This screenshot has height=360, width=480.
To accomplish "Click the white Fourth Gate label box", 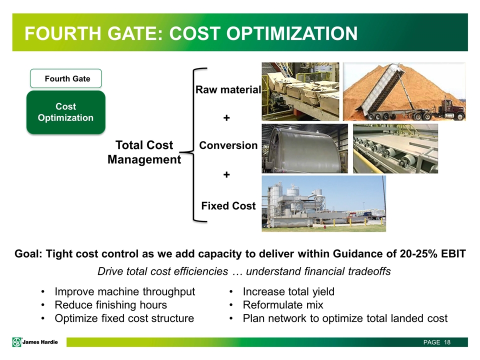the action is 66,78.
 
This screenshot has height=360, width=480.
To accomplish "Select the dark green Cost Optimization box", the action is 66,112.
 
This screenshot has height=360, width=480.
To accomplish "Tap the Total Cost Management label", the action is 144,152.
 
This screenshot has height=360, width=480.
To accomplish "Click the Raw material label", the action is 228,89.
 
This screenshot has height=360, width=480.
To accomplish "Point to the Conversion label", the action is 228,145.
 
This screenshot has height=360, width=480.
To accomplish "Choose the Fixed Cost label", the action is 228,205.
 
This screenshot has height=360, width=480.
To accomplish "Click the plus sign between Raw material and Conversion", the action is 226,118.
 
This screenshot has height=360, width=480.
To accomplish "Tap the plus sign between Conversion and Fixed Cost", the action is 226,175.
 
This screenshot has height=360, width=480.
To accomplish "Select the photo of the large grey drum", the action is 304,148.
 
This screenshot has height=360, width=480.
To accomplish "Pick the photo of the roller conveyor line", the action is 395,148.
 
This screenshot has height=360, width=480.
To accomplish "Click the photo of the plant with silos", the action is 324,203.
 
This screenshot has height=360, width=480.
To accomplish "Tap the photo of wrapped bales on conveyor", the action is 300,91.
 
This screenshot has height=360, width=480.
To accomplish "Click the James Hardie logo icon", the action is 17,342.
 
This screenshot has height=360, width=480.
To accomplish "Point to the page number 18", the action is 447,342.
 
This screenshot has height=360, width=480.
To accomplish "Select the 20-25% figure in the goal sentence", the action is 418,254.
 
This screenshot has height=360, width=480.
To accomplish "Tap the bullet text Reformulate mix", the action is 283,305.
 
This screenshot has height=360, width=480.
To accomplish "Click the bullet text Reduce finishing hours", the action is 111,305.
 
